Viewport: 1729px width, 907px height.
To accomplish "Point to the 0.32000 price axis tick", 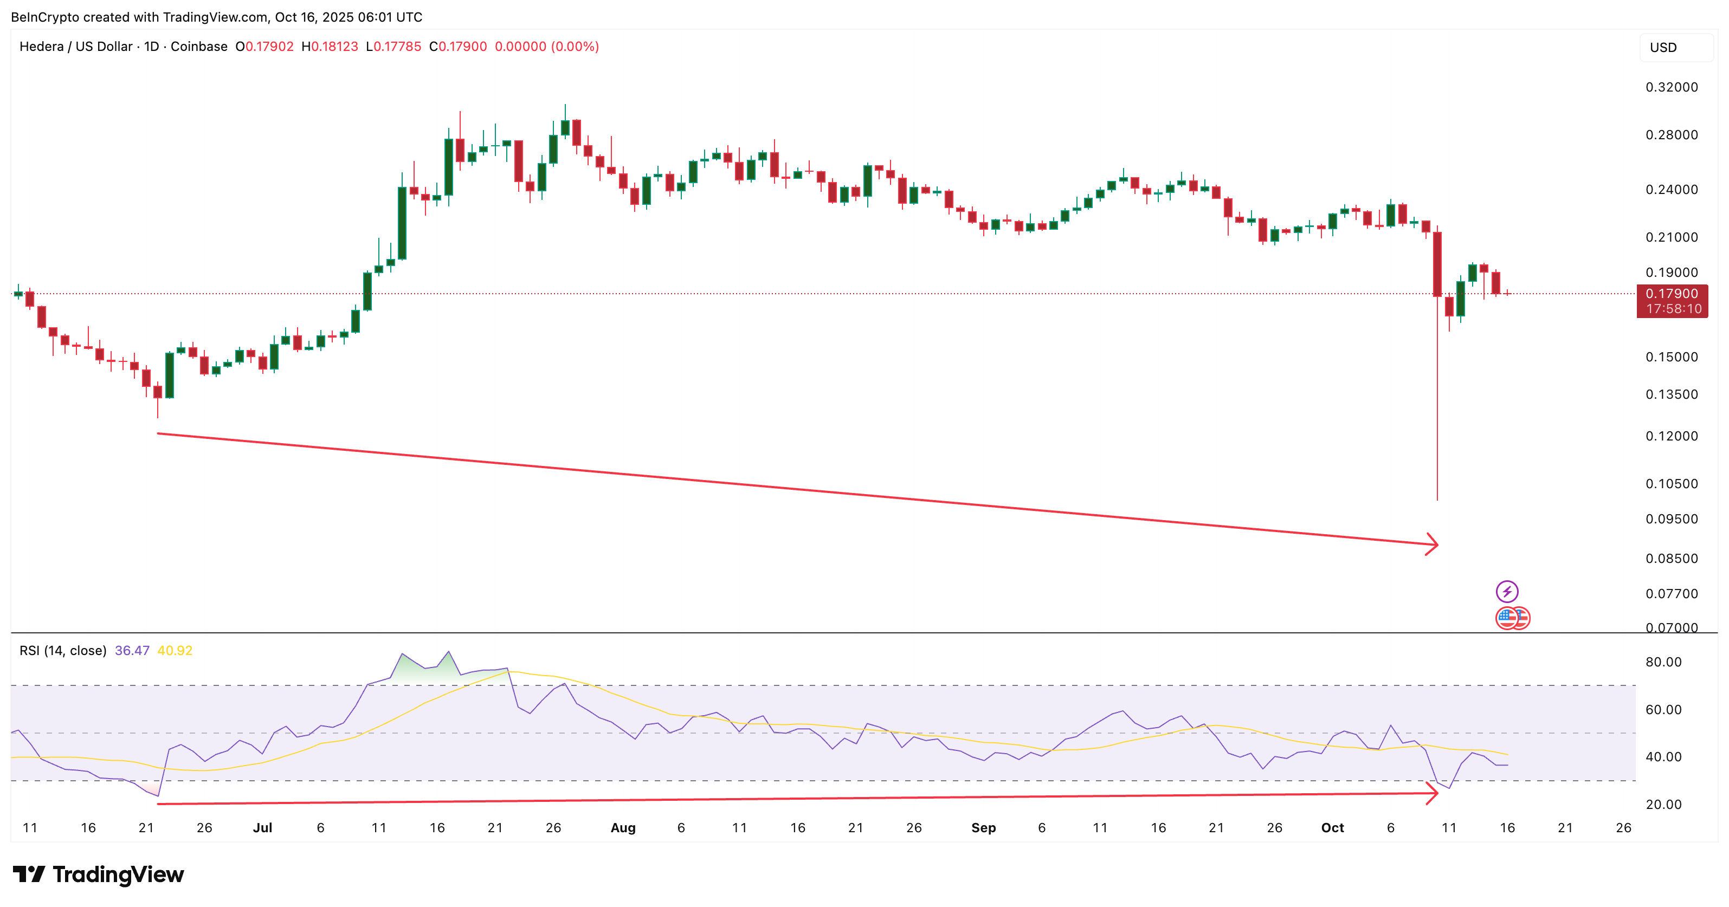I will [x=1672, y=87].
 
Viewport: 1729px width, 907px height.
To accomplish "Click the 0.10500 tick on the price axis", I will [x=1672, y=484].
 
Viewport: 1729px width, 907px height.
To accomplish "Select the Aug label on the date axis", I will [x=622, y=828].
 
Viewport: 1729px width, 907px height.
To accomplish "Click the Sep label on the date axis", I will [x=983, y=828].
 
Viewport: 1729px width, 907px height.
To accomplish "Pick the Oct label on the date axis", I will [x=1332, y=828].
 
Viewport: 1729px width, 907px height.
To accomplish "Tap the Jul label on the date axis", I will [x=262, y=828].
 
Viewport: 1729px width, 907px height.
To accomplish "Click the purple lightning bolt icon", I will [x=1507, y=591].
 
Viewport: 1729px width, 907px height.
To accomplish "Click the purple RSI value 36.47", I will [x=132, y=651].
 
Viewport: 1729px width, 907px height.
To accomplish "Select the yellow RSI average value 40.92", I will [x=175, y=651].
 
